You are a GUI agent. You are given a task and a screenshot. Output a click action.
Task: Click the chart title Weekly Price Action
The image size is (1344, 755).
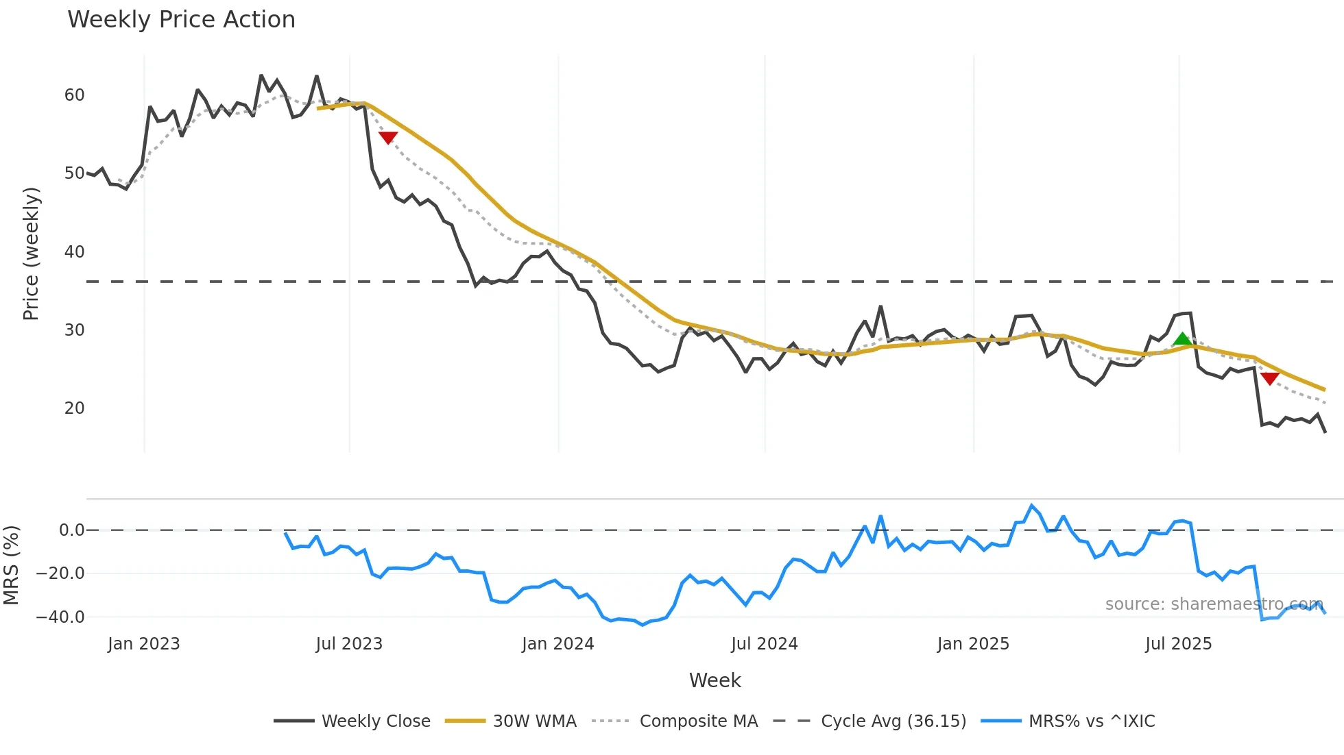click(x=181, y=20)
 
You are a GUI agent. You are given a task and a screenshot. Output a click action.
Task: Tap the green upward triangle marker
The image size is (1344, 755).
click(x=1182, y=339)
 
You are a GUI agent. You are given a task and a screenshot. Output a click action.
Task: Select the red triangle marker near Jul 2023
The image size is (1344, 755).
click(x=388, y=138)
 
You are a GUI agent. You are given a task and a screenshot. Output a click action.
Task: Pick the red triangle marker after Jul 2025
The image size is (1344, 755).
click(x=1269, y=378)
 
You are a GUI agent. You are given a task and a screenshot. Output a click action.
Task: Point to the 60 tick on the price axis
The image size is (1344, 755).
click(x=74, y=95)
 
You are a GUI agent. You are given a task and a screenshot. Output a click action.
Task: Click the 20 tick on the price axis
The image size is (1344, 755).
click(x=74, y=408)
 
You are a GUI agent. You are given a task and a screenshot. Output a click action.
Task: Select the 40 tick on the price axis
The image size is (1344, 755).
click(x=74, y=252)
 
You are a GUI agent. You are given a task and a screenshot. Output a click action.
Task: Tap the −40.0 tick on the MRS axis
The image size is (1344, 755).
click(x=60, y=617)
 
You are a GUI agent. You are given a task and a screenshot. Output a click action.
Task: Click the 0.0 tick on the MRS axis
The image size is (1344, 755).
click(x=71, y=530)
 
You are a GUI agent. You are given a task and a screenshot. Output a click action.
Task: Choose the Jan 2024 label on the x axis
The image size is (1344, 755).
click(x=557, y=644)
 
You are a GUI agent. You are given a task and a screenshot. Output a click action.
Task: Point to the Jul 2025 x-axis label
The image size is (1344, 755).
click(x=1178, y=644)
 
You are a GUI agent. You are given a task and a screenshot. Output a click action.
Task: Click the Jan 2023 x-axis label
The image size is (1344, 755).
click(x=143, y=644)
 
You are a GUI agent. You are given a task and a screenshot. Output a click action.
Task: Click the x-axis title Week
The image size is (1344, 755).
click(x=715, y=680)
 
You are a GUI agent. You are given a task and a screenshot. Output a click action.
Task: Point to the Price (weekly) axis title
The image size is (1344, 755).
click(x=31, y=253)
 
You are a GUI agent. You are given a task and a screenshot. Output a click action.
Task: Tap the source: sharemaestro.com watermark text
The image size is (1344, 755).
click(x=1214, y=604)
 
